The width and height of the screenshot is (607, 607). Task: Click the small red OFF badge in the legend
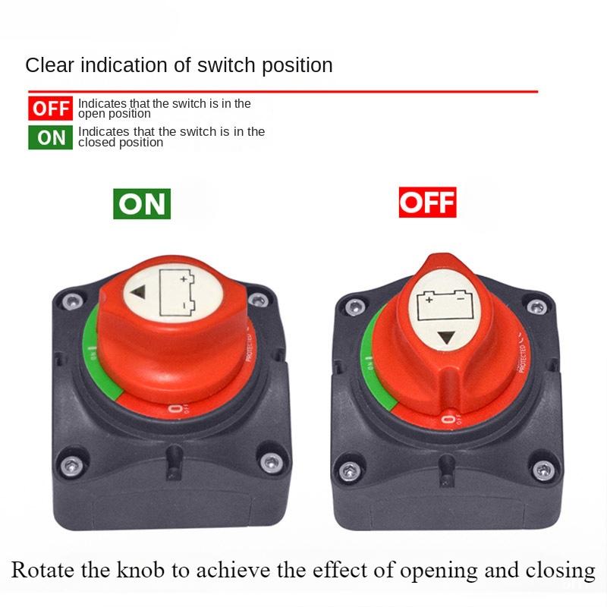pos(51,108)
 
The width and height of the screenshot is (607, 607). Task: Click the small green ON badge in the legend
pos(51,137)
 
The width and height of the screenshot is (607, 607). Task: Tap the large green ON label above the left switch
pos(142,203)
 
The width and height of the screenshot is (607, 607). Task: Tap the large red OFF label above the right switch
pos(427,203)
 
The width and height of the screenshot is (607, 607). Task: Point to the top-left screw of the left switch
pos(72,302)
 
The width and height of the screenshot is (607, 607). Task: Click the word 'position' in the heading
pos(297,65)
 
